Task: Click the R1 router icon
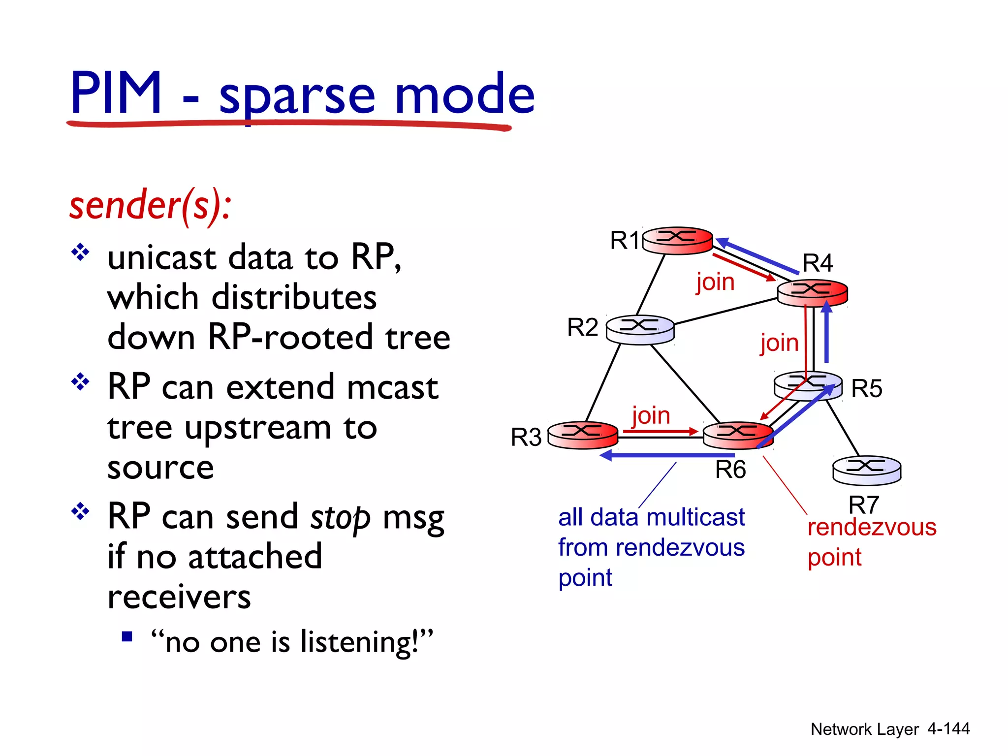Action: pos(678,240)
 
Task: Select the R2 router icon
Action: pos(640,329)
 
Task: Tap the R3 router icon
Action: pos(583,435)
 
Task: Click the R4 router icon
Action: pos(812,292)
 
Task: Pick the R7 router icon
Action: pos(866,470)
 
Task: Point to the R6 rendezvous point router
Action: pos(737,435)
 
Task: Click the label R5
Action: pos(867,388)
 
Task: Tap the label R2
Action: pos(582,327)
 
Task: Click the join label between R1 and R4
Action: pos(715,282)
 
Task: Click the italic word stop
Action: pos(340,518)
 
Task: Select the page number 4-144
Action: pos(948,728)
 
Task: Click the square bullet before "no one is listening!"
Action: pos(127,637)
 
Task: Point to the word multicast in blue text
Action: pos(695,517)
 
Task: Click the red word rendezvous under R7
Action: pos(872,527)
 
